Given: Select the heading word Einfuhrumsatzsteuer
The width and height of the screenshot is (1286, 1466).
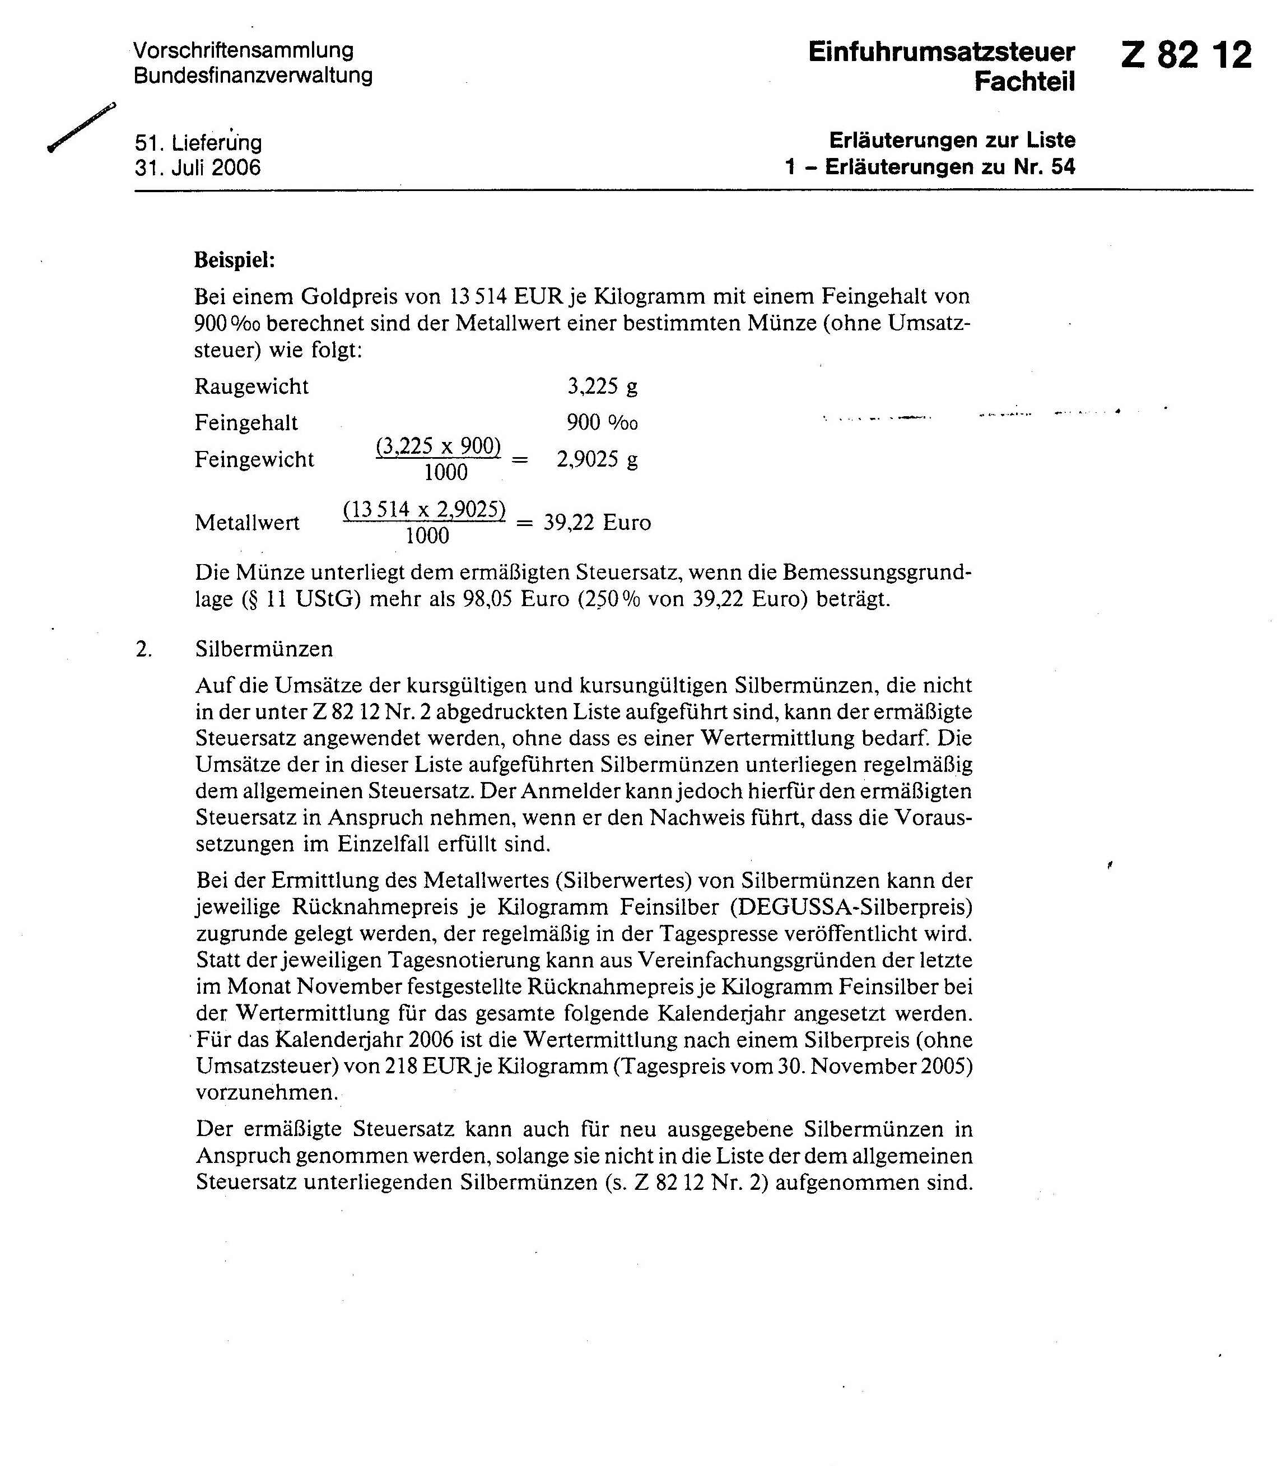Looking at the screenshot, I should tap(941, 52).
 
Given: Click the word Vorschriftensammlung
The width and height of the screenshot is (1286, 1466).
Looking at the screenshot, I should tap(243, 50).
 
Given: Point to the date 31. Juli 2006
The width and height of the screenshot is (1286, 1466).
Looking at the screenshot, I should tap(197, 168).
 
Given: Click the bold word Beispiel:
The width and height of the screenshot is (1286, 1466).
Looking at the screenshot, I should tap(235, 259).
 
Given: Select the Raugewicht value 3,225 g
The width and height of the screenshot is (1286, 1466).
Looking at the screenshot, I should tap(602, 387).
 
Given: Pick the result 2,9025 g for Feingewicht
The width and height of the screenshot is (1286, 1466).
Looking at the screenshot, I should tap(597, 459).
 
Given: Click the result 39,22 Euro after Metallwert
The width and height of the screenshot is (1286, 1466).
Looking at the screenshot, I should tap(597, 522).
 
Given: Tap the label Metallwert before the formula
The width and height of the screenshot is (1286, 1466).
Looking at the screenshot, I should tap(247, 523).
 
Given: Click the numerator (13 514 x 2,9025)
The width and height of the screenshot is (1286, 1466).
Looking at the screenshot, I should tap(424, 510).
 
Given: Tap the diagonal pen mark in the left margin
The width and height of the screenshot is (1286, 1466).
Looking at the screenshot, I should tap(81, 128).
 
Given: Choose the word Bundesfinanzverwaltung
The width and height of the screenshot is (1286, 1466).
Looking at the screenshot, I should tap(253, 75).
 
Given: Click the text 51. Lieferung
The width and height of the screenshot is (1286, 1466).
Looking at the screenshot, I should tap(198, 143).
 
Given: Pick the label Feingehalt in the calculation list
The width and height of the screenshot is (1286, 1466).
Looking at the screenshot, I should tap(246, 423).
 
